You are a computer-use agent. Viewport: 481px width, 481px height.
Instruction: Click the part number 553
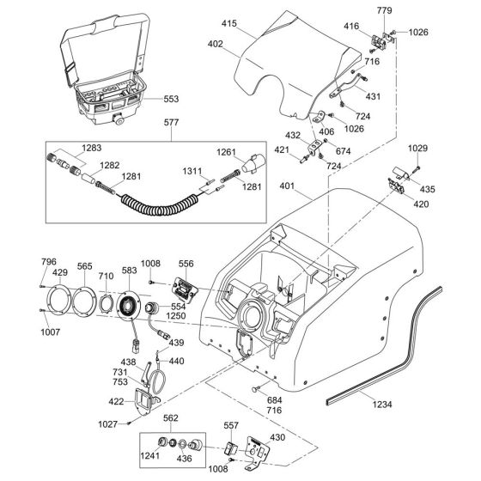click(x=171, y=99)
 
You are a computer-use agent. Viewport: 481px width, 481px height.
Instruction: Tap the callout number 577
click(x=171, y=122)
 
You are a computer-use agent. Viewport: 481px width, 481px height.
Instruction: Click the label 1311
click(x=192, y=171)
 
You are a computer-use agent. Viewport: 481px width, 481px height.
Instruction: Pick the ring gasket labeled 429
click(x=59, y=300)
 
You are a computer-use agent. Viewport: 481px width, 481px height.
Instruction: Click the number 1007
click(x=51, y=332)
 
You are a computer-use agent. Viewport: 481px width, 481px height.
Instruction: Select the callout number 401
click(x=287, y=186)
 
